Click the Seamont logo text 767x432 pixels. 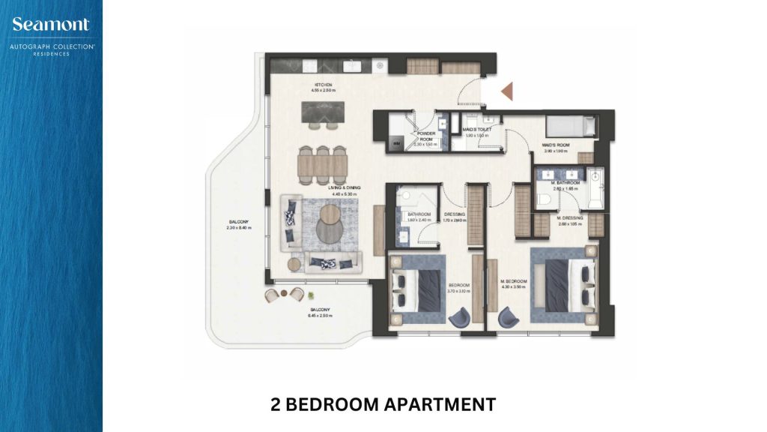[x=51, y=25]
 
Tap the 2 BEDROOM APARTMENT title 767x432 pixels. [x=383, y=405]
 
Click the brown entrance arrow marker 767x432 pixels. [x=506, y=91]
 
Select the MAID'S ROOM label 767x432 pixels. [x=557, y=148]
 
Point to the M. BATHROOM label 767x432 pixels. [x=566, y=186]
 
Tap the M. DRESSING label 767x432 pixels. [x=570, y=222]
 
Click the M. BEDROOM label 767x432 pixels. [x=514, y=283]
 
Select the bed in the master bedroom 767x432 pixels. [x=566, y=284]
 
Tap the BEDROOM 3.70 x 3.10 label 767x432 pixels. [x=458, y=288]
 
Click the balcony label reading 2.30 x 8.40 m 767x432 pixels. [x=235, y=225]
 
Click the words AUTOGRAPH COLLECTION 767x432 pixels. [x=51, y=46]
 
